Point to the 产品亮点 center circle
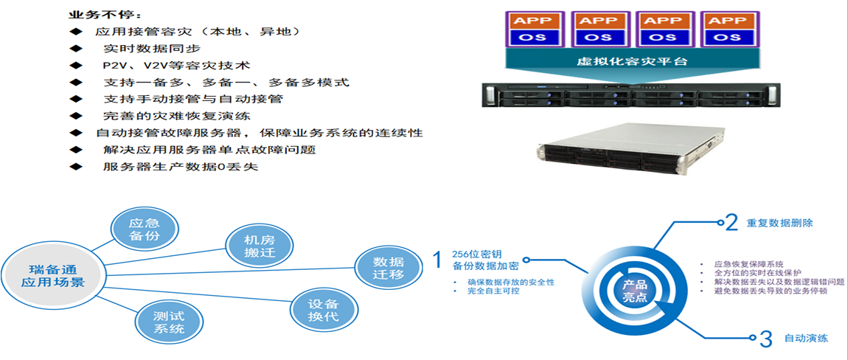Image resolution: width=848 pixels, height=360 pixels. pos(634,291)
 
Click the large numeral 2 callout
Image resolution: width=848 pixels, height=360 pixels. pos(731,222)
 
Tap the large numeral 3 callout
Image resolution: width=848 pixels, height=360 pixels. pos(765,339)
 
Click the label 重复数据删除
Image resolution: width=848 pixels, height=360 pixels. pos(779,223)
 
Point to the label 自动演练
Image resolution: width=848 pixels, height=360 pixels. pos(805,339)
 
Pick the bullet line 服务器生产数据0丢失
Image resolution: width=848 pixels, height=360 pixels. pos(181,167)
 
